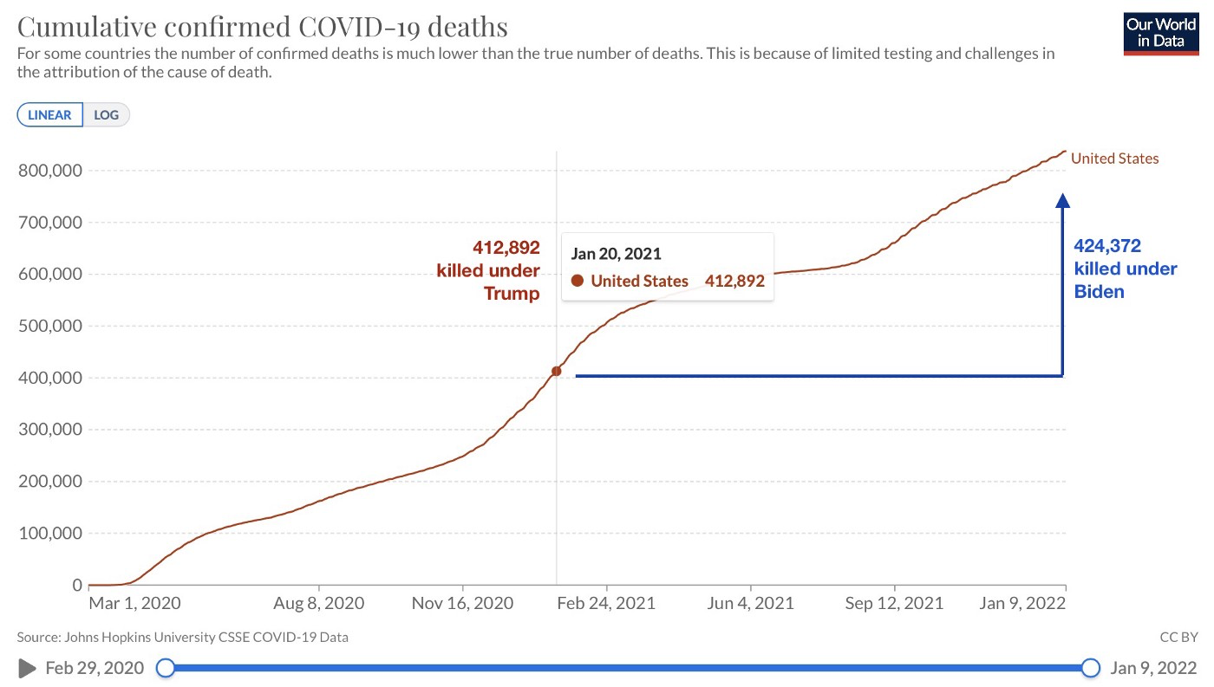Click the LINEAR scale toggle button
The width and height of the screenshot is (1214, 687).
point(50,115)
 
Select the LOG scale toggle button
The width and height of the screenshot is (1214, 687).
point(107,115)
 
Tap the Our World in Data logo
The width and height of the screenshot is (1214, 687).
point(1161,34)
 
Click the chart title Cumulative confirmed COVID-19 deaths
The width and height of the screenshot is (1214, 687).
point(263,27)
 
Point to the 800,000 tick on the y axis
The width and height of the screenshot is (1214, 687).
point(49,171)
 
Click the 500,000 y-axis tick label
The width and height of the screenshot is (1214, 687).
point(49,327)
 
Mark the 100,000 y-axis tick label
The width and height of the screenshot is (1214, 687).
point(49,534)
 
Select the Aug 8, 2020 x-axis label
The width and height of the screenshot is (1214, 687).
point(320,603)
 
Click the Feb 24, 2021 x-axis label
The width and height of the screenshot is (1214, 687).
point(607,603)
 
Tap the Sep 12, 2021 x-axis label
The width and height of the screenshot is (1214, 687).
point(894,603)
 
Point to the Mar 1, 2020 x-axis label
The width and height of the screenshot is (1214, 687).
point(134,603)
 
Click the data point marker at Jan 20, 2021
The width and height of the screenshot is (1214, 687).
point(556,372)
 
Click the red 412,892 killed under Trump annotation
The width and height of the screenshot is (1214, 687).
point(487,270)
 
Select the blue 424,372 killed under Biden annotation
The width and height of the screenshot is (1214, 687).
point(1125,269)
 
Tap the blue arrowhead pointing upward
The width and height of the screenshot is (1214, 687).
point(1062,200)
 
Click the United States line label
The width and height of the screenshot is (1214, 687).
point(1114,159)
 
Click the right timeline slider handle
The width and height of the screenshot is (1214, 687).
point(1090,668)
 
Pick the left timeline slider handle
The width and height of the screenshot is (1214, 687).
point(165,668)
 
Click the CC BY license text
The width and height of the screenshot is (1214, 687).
point(1178,638)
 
